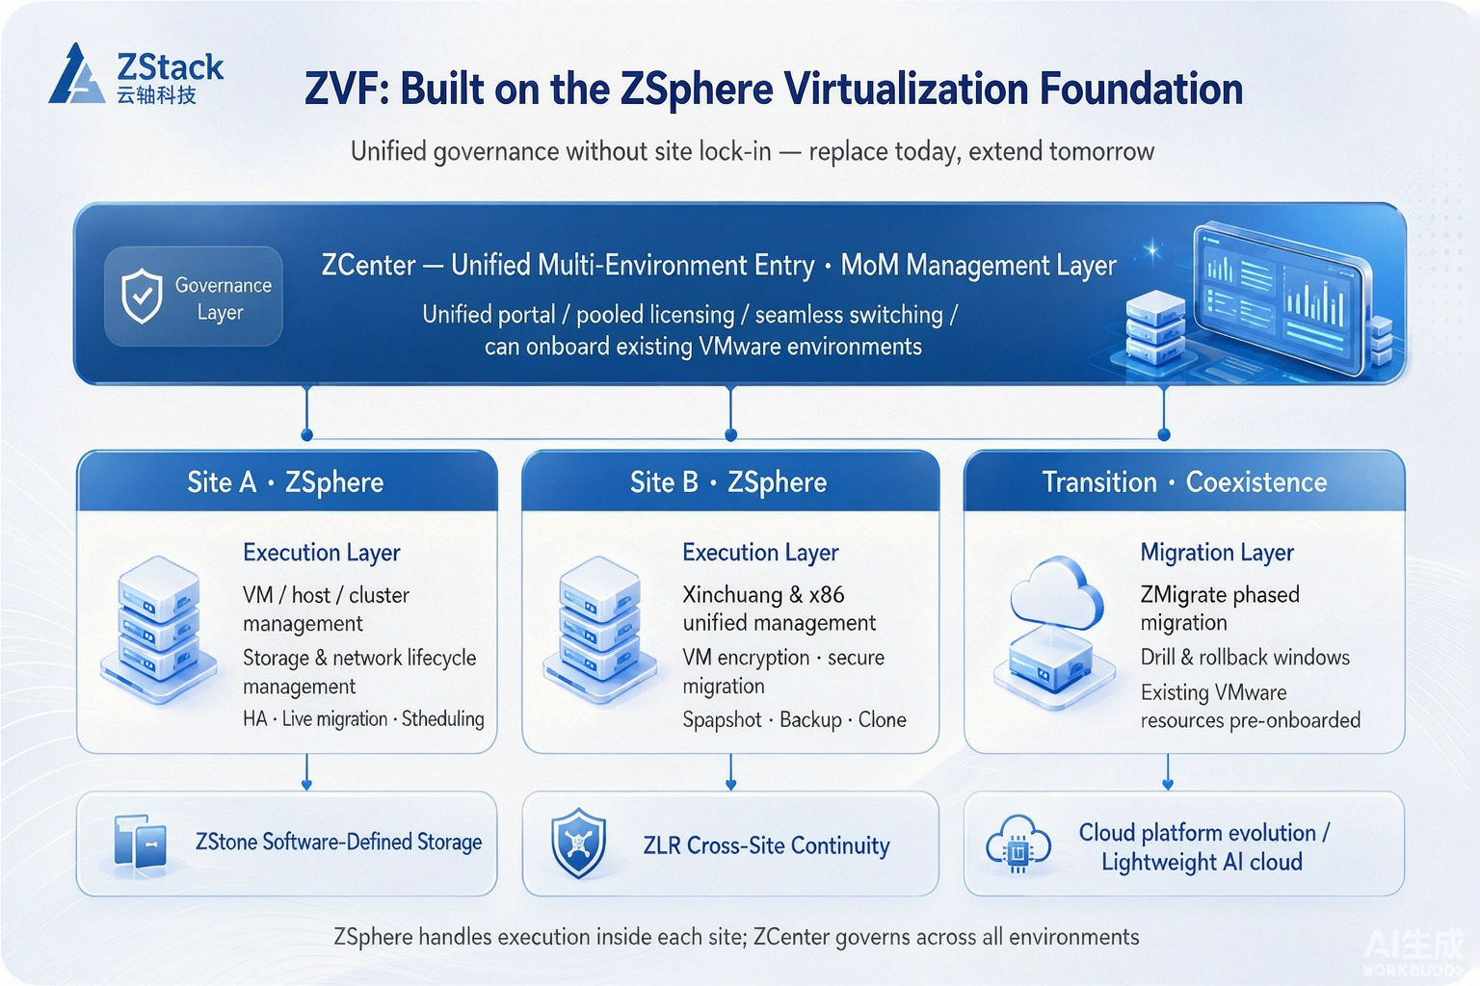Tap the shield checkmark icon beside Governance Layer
click(x=142, y=296)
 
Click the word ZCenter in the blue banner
click(x=368, y=266)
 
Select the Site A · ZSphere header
click(x=285, y=482)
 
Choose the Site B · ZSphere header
click(x=728, y=482)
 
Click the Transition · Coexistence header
click(x=1184, y=482)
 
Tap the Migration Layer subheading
click(x=1216, y=552)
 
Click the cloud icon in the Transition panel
click(x=1056, y=592)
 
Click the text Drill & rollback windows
click(x=1245, y=657)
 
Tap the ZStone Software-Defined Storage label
click(x=338, y=842)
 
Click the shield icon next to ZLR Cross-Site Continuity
click(x=579, y=843)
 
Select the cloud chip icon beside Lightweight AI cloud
click(x=1018, y=844)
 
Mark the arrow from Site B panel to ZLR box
click(x=730, y=772)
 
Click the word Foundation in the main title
click(x=1141, y=89)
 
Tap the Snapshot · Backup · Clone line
click(x=794, y=719)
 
